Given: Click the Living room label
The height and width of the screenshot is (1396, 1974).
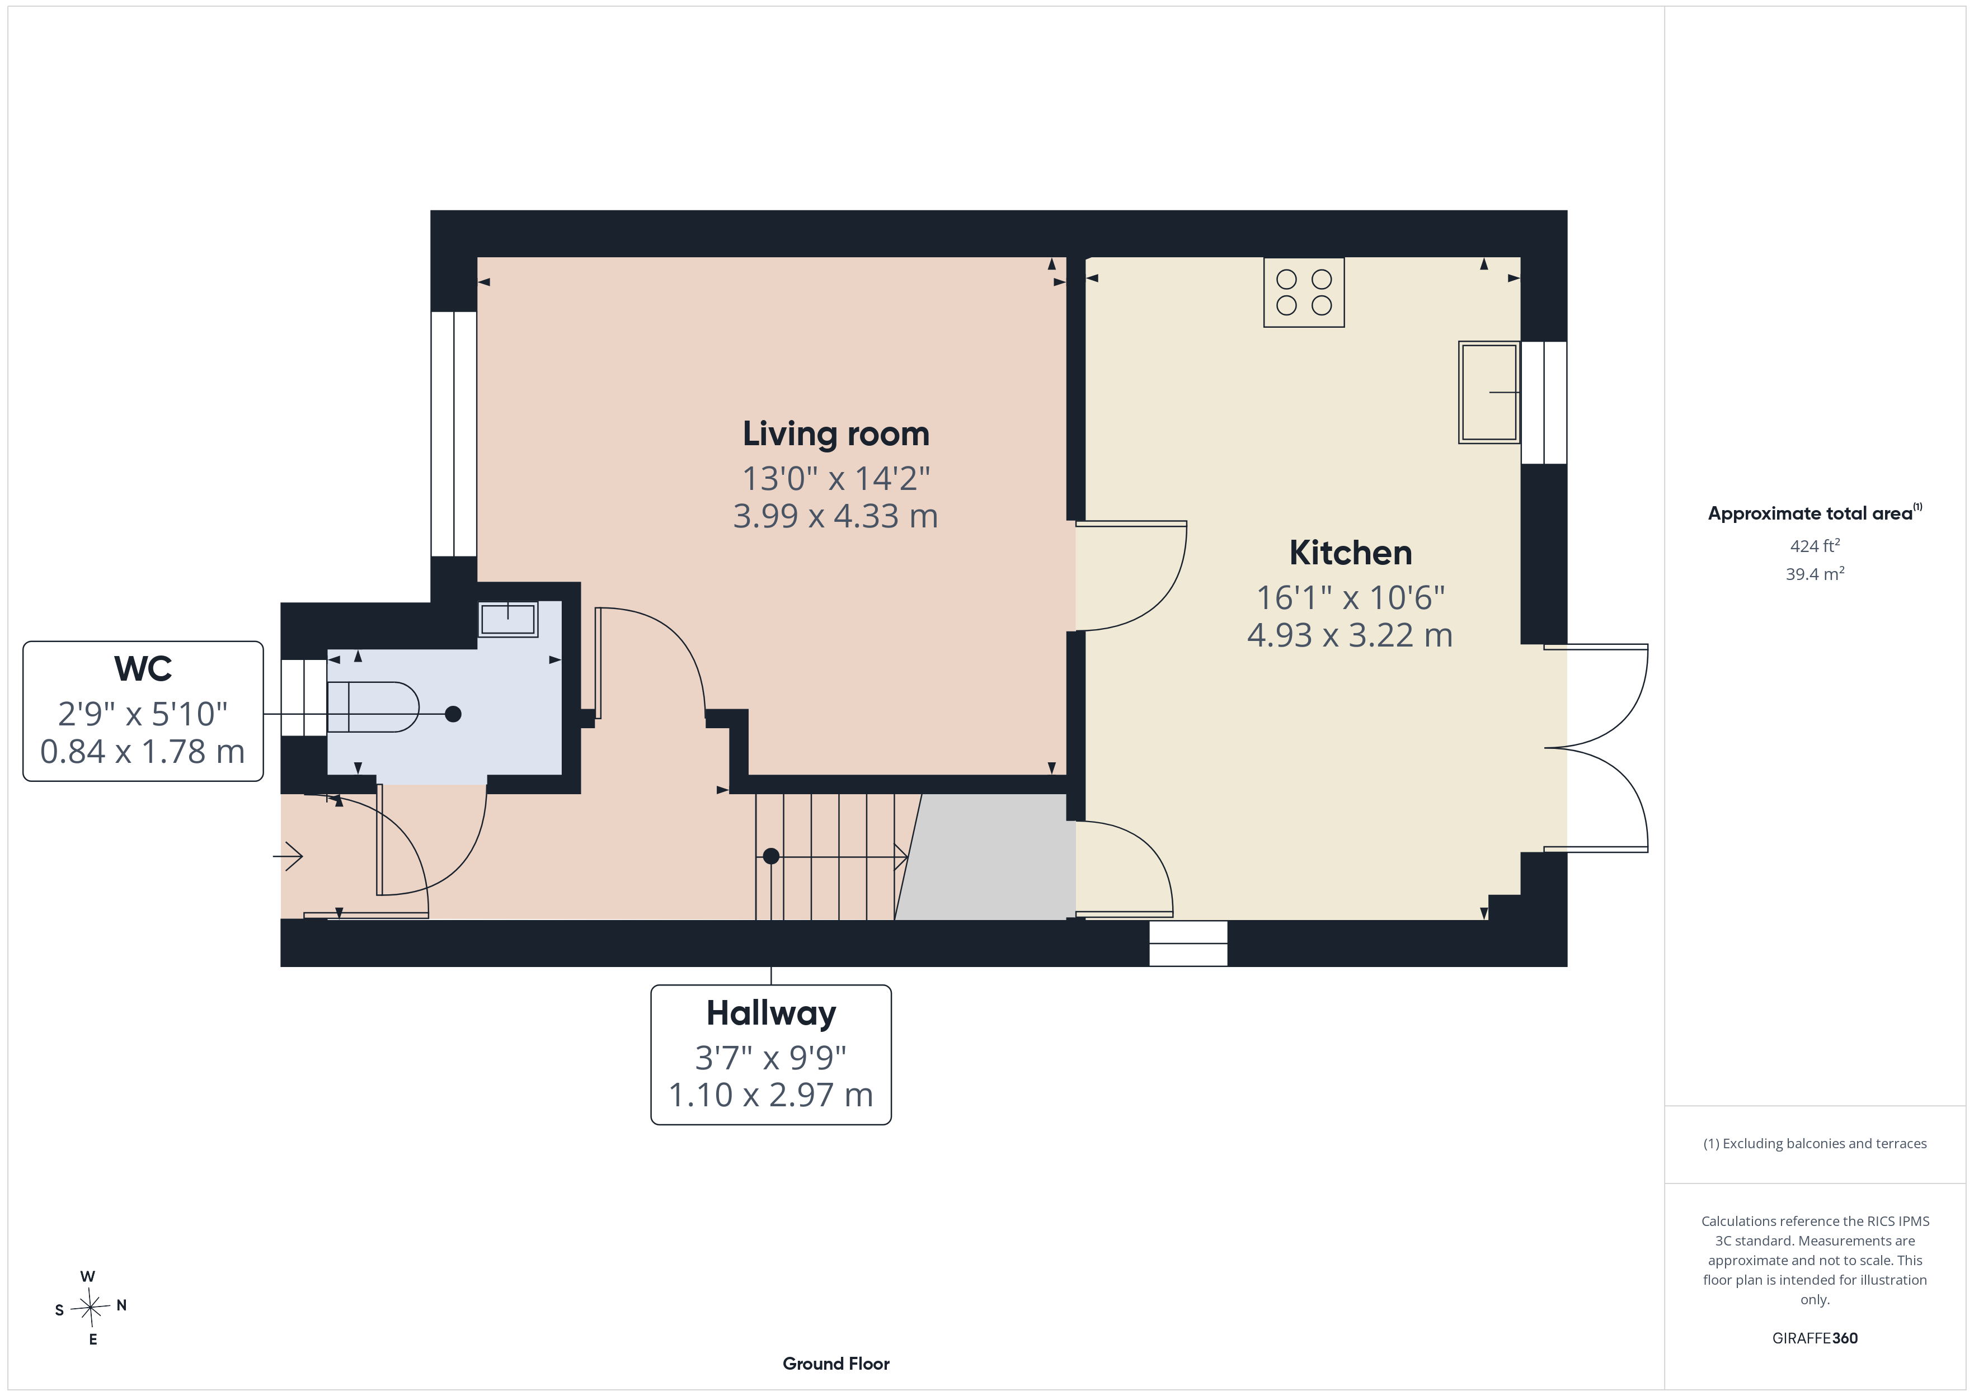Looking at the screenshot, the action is pyautogui.click(x=836, y=434).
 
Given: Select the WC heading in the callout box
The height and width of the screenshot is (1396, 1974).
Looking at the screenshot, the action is pyautogui.click(x=143, y=669).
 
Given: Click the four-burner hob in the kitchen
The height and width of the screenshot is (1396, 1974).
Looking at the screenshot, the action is pyautogui.click(x=1303, y=293).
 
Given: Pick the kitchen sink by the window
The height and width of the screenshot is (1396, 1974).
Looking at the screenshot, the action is pyautogui.click(x=1489, y=392).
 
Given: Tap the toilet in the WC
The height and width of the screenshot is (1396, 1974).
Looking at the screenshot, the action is pyautogui.click(x=372, y=706).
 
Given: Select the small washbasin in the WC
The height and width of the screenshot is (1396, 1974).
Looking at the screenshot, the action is pyautogui.click(x=508, y=619).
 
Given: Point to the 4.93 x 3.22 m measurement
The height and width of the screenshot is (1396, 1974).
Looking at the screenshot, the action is pyautogui.click(x=1350, y=635).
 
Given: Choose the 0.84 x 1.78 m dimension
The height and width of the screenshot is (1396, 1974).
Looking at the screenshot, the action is pyautogui.click(x=143, y=751).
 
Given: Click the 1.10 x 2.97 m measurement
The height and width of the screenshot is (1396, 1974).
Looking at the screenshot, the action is pyautogui.click(x=771, y=1095).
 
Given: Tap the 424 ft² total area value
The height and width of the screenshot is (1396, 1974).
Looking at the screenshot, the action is pyautogui.click(x=1815, y=546).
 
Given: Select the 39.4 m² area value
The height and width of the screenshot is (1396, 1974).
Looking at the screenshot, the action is pyautogui.click(x=1815, y=573).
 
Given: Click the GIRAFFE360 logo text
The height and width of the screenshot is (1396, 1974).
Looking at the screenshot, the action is pyautogui.click(x=1815, y=1338).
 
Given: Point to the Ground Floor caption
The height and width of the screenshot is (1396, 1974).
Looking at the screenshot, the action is pyautogui.click(x=836, y=1364).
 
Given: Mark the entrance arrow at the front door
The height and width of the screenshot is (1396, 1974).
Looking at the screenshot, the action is pyautogui.click(x=288, y=856).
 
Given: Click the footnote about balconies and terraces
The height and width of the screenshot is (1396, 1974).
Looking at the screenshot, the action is pyautogui.click(x=1815, y=1143).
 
